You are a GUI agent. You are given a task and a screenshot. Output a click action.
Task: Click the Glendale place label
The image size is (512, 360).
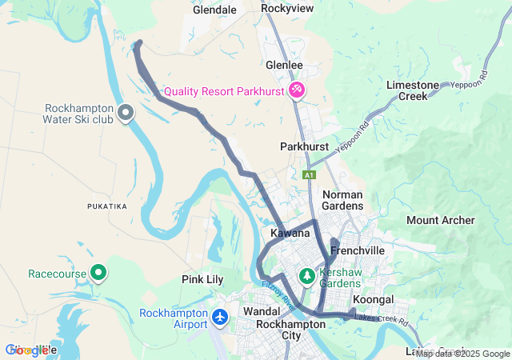[x=215, y=10]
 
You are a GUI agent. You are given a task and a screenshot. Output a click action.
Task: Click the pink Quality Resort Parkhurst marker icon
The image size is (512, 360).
[x=297, y=90]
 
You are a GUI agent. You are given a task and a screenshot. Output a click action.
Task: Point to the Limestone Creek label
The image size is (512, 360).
[x=413, y=90]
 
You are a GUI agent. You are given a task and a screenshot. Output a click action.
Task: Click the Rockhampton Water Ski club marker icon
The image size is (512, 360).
[x=126, y=114]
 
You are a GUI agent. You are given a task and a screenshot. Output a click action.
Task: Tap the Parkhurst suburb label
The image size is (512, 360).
[x=305, y=147]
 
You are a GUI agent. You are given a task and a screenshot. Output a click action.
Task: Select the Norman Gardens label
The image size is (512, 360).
[x=342, y=200]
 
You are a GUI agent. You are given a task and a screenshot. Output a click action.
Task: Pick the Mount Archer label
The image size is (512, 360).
[x=440, y=220]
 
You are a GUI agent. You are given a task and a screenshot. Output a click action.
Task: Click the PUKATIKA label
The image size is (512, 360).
[x=107, y=206]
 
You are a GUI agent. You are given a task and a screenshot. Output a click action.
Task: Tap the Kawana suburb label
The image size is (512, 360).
[x=290, y=233]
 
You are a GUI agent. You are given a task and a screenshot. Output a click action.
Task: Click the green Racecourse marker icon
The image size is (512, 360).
[x=99, y=274]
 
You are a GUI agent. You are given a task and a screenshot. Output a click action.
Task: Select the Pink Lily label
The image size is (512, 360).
[x=202, y=280]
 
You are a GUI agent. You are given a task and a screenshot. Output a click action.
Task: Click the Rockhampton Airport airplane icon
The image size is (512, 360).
[x=221, y=318]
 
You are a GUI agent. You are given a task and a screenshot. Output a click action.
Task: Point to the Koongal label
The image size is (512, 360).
[x=373, y=299]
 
